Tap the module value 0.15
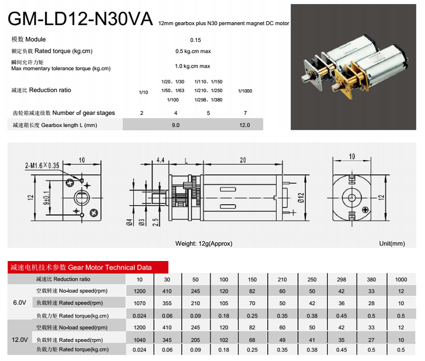coord(195,40)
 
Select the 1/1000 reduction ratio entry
coord(245,91)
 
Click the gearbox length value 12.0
coord(244,125)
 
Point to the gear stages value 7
coord(245,113)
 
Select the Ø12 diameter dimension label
coord(301,198)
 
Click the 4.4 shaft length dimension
coord(160,160)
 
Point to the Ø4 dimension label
coord(130,222)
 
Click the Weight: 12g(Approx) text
coord(203,244)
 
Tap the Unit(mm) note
coord(392,244)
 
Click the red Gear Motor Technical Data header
coord(88,267)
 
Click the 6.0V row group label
coord(19,303)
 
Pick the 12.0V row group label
coord(19,338)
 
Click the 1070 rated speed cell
coord(139,303)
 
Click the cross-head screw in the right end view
coord(365,211)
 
